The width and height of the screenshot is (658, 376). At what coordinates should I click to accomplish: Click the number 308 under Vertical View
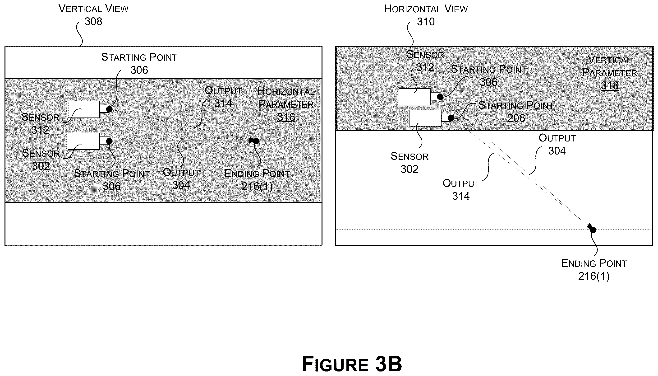click(93, 21)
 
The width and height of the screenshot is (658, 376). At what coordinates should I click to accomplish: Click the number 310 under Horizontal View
click(426, 22)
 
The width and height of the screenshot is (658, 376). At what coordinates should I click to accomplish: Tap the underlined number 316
click(286, 117)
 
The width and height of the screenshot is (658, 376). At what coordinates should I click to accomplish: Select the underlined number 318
click(610, 85)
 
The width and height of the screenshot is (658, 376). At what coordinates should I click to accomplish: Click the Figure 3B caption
click(352, 364)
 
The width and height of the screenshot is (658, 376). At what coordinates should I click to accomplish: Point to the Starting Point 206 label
click(516, 112)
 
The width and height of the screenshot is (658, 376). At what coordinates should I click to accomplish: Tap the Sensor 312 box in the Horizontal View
click(414, 97)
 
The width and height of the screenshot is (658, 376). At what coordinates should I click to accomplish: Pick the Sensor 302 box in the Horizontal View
click(425, 118)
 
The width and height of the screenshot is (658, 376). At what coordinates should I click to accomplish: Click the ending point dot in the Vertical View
click(256, 141)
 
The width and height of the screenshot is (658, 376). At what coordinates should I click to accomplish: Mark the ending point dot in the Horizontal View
click(593, 230)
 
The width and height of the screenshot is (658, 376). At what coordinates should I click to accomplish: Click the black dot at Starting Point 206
click(451, 118)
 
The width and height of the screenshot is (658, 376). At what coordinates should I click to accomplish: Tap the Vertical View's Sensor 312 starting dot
click(109, 109)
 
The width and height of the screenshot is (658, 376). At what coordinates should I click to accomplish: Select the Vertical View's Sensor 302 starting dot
click(109, 141)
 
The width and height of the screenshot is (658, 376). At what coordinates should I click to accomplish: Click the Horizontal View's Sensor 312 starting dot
click(440, 97)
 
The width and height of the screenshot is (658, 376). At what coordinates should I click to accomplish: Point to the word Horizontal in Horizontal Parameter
click(286, 91)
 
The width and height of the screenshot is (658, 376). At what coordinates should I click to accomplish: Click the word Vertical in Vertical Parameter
click(610, 60)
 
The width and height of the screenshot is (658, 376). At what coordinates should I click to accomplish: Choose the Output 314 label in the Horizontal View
click(461, 190)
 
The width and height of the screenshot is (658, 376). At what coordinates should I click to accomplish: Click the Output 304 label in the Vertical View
click(181, 179)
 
